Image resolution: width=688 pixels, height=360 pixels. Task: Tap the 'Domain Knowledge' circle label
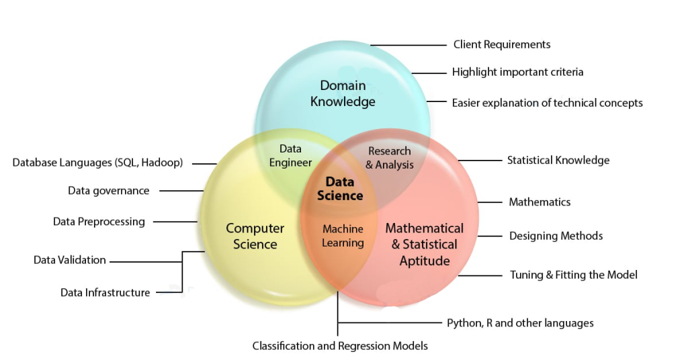pyautogui.click(x=343, y=93)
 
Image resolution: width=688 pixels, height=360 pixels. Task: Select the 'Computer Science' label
pyautogui.click(x=255, y=236)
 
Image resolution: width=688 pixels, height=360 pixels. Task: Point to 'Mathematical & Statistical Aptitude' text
pyautogui.click(x=424, y=244)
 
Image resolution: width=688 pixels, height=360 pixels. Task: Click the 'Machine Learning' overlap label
pyautogui.click(x=343, y=236)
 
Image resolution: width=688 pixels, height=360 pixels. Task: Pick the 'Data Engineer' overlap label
pyautogui.click(x=290, y=155)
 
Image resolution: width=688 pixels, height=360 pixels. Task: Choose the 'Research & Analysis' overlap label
pyautogui.click(x=389, y=158)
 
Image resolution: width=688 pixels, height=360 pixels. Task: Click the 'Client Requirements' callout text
pyautogui.click(x=501, y=44)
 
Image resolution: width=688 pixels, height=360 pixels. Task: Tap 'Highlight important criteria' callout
pyautogui.click(x=517, y=72)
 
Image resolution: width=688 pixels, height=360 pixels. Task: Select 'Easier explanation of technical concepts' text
pyautogui.click(x=547, y=103)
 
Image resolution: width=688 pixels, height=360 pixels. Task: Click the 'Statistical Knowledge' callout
pyautogui.click(x=558, y=160)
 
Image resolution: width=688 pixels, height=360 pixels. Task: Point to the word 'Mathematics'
pyautogui.click(x=539, y=201)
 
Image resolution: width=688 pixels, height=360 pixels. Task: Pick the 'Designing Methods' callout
pyautogui.click(x=556, y=236)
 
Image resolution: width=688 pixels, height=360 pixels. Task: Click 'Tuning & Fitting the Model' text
pyautogui.click(x=573, y=274)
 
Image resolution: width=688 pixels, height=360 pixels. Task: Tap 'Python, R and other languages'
pyautogui.click(x=520, y=323)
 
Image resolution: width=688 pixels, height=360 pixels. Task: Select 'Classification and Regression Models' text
pyautogui.click(x=340, y=346)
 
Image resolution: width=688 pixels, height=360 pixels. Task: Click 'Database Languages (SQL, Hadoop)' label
pyautogui.click(x=97, y=163)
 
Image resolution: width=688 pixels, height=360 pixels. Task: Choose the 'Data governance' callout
pyautogui.click(x=108, y=191)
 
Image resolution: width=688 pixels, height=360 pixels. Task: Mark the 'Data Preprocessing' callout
pyautogui.click(x=99, y=222)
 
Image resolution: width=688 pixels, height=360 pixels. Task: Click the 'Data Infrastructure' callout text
pyautogui.click(x=105, y=292)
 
